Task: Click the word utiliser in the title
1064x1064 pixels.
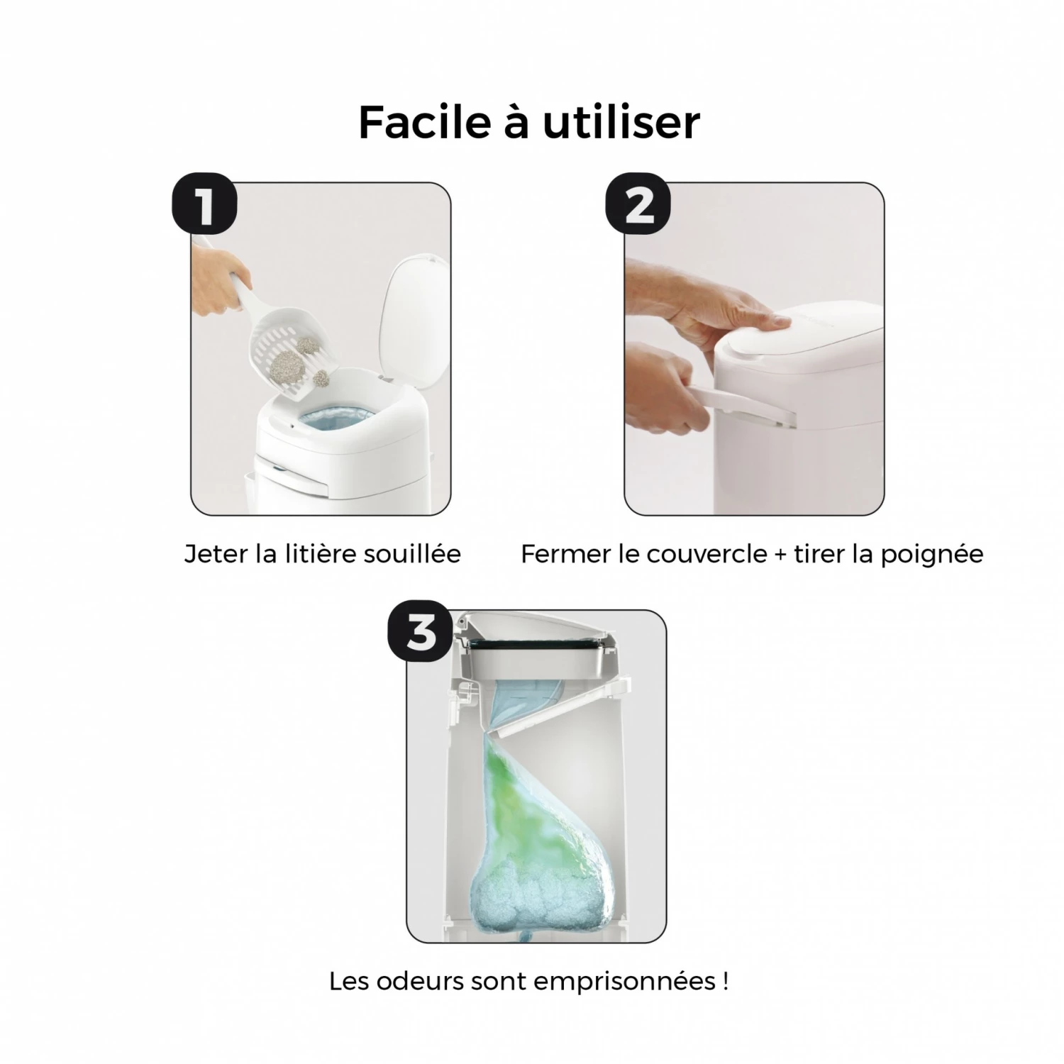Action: (x=622, y=121)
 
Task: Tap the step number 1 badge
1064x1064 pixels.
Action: (x=204, y=204)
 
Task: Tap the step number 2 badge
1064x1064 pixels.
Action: (x=638, y=204)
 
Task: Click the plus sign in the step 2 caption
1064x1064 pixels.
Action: (x=780, y=555)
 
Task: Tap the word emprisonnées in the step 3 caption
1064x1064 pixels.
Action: (x=624, y=983)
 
